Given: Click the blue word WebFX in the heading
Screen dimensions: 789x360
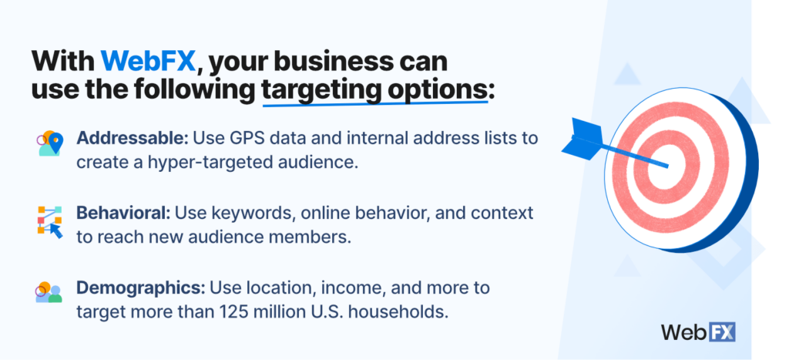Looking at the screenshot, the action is [147, 62].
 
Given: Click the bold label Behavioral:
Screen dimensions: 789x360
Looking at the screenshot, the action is [123, 213].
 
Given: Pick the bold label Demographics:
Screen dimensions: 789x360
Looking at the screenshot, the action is [141, 288].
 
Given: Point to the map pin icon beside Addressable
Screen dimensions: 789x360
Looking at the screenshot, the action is [50, 143].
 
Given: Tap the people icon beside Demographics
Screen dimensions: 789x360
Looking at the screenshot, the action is [49, 292].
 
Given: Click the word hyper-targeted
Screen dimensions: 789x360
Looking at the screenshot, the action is [200, 163].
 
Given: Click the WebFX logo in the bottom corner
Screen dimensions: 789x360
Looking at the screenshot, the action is [698, 331].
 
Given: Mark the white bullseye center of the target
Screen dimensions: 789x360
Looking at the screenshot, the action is [666, 167].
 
